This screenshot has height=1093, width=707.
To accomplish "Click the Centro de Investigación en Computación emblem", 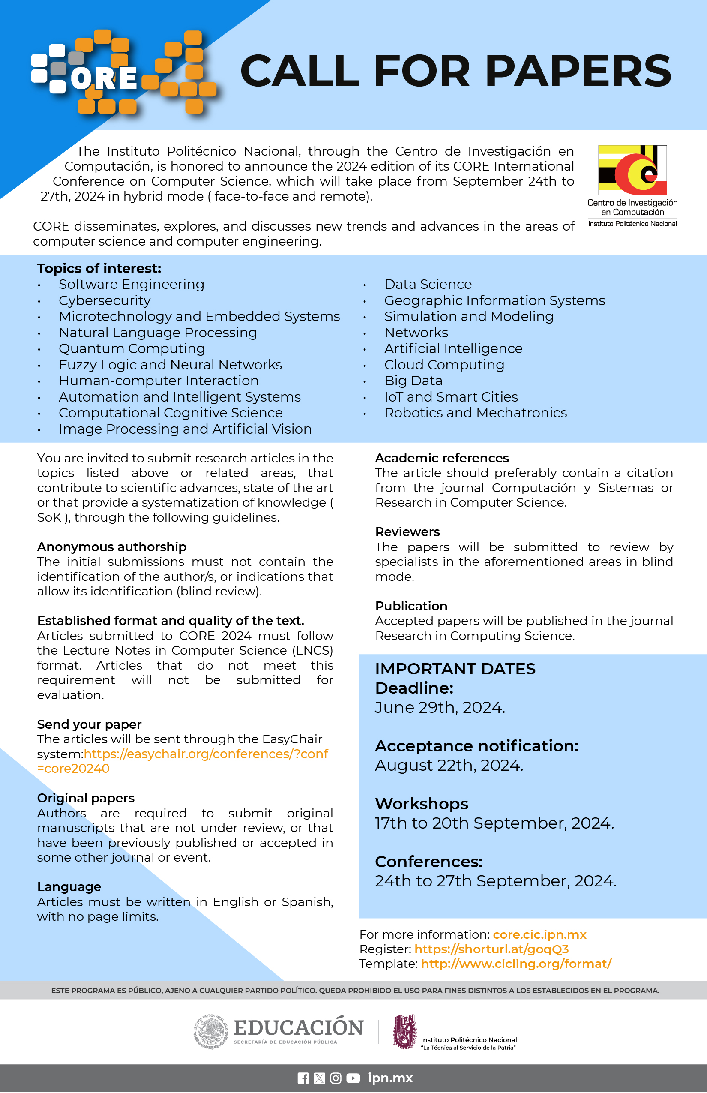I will (x=632, y=170).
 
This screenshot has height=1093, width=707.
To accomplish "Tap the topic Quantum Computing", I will (x=132, y=348).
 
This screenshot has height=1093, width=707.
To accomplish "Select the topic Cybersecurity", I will (x=105, y=300).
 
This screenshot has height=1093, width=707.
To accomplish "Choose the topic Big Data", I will (x=413, y=381).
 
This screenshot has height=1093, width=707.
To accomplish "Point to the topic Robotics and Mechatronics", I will (x=475, y=413).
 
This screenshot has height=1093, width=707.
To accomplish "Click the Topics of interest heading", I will (x=99, y=268).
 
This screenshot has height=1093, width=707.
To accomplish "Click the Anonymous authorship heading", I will (x=111, y=546).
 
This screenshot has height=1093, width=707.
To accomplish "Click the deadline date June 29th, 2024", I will (x=440, y=707).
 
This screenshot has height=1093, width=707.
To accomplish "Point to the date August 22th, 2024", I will (x=449, y=765).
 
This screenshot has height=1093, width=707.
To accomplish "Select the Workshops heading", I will (x=422, y=804).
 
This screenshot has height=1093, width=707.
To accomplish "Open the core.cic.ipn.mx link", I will (x=539, y=934).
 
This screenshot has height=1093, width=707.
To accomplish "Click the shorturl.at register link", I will (x=491, y=949).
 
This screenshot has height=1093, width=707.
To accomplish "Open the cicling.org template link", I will (x=516, y=964).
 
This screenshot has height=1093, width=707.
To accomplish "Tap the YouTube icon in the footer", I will (x=353, y=1078).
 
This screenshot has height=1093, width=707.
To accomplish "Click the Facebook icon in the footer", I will (x=303, y=1078).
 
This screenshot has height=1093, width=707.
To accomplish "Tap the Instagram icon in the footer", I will (x=336, y=1078).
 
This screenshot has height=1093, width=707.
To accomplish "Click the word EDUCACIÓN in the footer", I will (x=298, y=1027).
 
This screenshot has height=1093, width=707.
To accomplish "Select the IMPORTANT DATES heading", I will (x=455, y=669).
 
